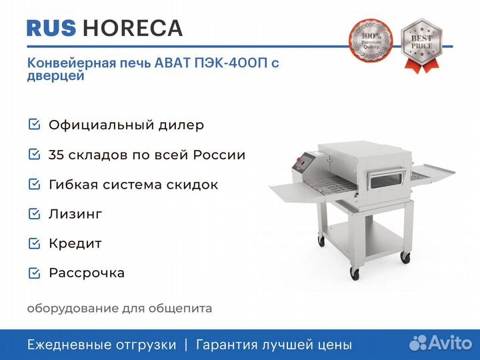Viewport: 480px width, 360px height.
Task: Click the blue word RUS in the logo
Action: click(51, 28)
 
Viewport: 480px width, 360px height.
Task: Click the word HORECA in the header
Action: click(133, 28)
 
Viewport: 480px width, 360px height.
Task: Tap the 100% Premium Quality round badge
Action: click(371, 41)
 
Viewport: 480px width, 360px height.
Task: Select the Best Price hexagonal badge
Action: click(422, 45)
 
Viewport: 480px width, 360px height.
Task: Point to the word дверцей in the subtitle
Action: click(56, 76)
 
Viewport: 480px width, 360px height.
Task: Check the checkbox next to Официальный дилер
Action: click(34, 124)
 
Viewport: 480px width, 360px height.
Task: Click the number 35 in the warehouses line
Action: click(56, 155)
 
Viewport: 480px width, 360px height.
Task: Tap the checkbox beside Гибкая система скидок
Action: click(34, 184)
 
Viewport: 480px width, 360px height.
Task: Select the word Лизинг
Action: click(75, 214)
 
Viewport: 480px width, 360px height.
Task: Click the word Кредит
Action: click(75, 244)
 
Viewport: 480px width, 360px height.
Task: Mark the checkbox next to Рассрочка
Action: click(34, 273)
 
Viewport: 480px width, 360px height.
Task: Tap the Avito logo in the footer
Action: click(441, 343)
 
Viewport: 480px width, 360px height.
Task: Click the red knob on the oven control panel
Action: click(297, 159)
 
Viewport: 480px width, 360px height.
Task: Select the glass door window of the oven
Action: click(386, 180)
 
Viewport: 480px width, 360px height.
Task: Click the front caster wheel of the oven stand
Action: click(355, 273)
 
